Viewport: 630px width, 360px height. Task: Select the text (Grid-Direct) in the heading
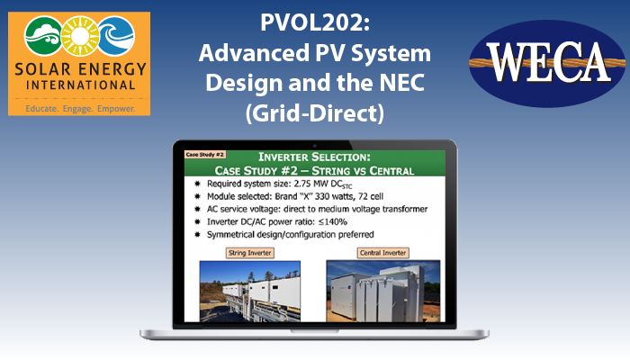click(315, 113)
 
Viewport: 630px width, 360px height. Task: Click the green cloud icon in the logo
click(43, 36)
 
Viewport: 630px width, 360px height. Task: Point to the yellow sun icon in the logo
click(79, 36)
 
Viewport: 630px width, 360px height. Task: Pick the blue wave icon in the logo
click(116, 36)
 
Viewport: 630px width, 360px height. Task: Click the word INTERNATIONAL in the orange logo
click(80, 85)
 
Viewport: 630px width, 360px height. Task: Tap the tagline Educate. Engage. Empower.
click(80, 109)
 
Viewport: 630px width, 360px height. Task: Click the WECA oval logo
click(547, 64)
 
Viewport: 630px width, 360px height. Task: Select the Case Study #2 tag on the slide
click(205, 155)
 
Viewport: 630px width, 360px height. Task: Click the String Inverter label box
click(250, 253)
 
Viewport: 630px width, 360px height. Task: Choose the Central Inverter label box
click(382, 253)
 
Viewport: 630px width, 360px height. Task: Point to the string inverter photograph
click(250, 292)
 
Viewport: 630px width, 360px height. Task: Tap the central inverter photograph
click(383, 292)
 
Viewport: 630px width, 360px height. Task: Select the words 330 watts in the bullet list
click(333, 196)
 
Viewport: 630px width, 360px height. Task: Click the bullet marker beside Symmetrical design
click(197, 234)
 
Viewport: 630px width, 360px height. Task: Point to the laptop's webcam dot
click(315, 146)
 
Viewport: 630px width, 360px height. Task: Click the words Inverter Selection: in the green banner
click(314, 157)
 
